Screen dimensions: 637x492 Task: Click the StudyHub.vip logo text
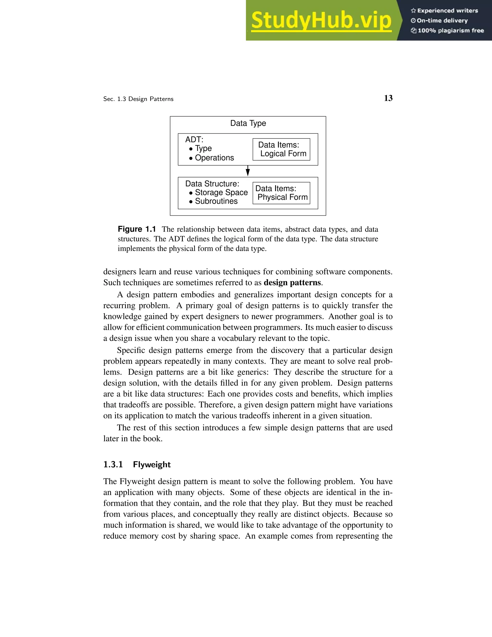(321, 20)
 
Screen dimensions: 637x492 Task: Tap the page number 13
(388, 98)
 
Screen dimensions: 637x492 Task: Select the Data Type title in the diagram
(248, 123)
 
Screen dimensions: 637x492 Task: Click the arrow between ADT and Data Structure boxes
(248, 171)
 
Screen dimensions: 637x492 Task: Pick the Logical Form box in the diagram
(281, 149)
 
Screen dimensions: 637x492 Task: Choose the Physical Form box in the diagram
(281, 193)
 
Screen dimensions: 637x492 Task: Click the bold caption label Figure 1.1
(137, 229)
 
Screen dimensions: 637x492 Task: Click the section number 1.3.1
(113, 465)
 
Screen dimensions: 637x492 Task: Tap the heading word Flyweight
(152, 465)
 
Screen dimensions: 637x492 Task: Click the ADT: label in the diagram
(194, 140)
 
